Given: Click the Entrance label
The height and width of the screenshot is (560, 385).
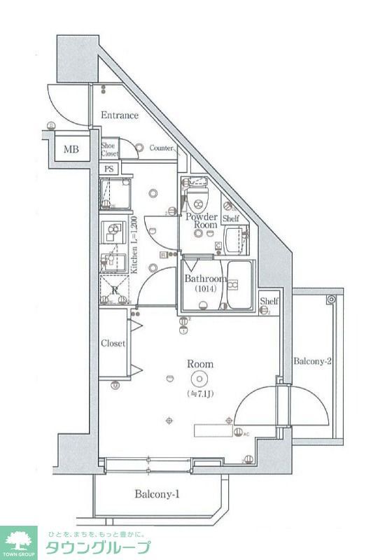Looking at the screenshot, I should [x=119, y=115].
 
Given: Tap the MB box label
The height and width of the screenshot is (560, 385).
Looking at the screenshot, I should [x=71, y=149].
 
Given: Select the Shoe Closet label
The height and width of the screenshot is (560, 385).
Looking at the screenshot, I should [x=110, y=149].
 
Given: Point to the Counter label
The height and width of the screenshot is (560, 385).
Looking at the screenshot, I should [x=161, y=148].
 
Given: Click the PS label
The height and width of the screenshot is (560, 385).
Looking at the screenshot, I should [x=109, y=169].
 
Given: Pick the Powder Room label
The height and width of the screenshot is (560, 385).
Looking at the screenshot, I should [x=201, y=220].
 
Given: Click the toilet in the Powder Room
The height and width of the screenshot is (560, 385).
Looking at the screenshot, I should [x=197, y=191].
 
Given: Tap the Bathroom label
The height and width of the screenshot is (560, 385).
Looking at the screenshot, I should [x=204, y=279].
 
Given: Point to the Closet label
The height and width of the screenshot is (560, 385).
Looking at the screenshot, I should [x=113, y=344].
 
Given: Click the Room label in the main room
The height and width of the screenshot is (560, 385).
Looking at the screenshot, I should [x=200, y=364].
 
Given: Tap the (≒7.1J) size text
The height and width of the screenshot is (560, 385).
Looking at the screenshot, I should [x=200, y=394].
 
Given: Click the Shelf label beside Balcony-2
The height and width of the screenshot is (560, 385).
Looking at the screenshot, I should [x=269, y=302].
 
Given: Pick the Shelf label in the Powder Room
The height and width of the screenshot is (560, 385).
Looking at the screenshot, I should [x=231, y=219].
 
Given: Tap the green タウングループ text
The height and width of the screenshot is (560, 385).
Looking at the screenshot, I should [x=98, y=547].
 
